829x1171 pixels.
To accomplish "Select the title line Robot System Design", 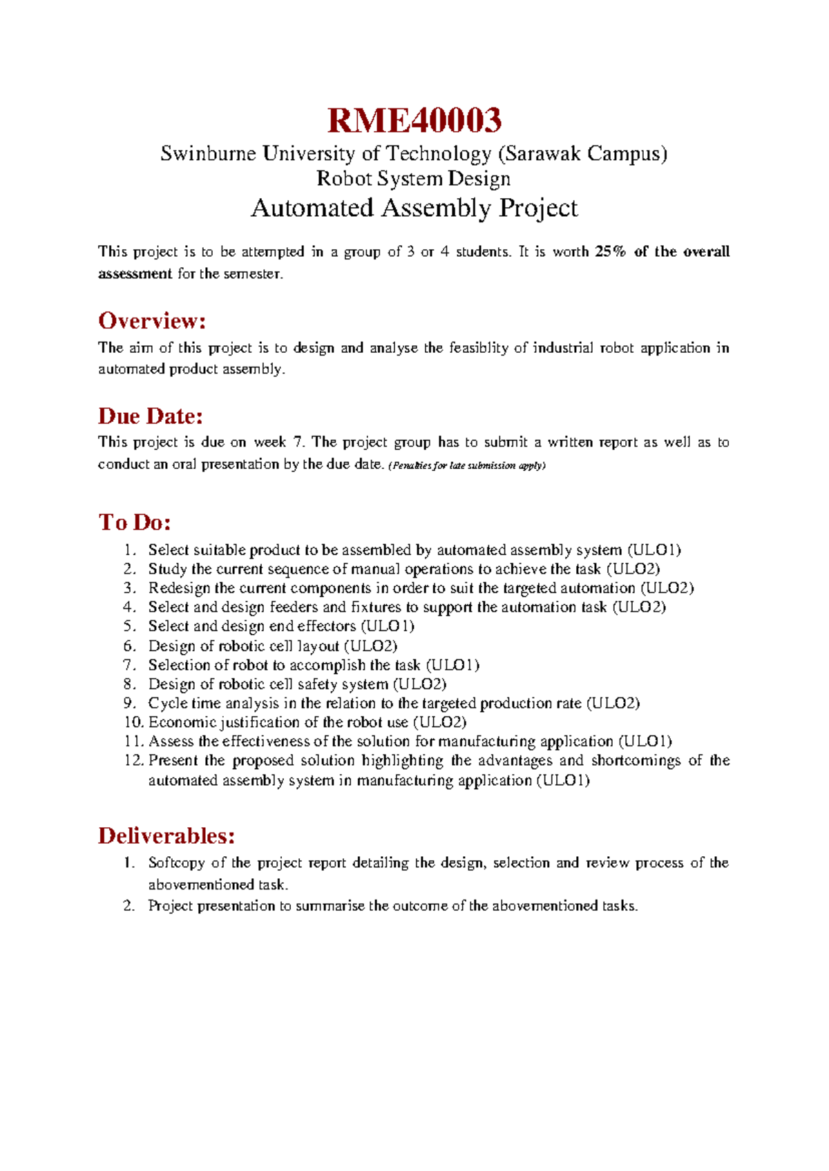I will click(413, 178).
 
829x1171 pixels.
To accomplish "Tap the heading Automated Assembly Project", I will click(414, 208).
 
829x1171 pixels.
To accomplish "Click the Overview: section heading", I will click(152, 321).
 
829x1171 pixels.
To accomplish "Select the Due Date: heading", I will click(150, 416).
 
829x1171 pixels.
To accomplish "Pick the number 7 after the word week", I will click(297, 443).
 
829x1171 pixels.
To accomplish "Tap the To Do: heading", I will click(134, 522).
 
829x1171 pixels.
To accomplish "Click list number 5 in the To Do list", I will click(130, 626).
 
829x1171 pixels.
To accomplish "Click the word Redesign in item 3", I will click(179, 588).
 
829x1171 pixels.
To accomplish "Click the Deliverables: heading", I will click(166, 836).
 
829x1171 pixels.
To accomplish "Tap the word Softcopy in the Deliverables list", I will click(176, 863).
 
